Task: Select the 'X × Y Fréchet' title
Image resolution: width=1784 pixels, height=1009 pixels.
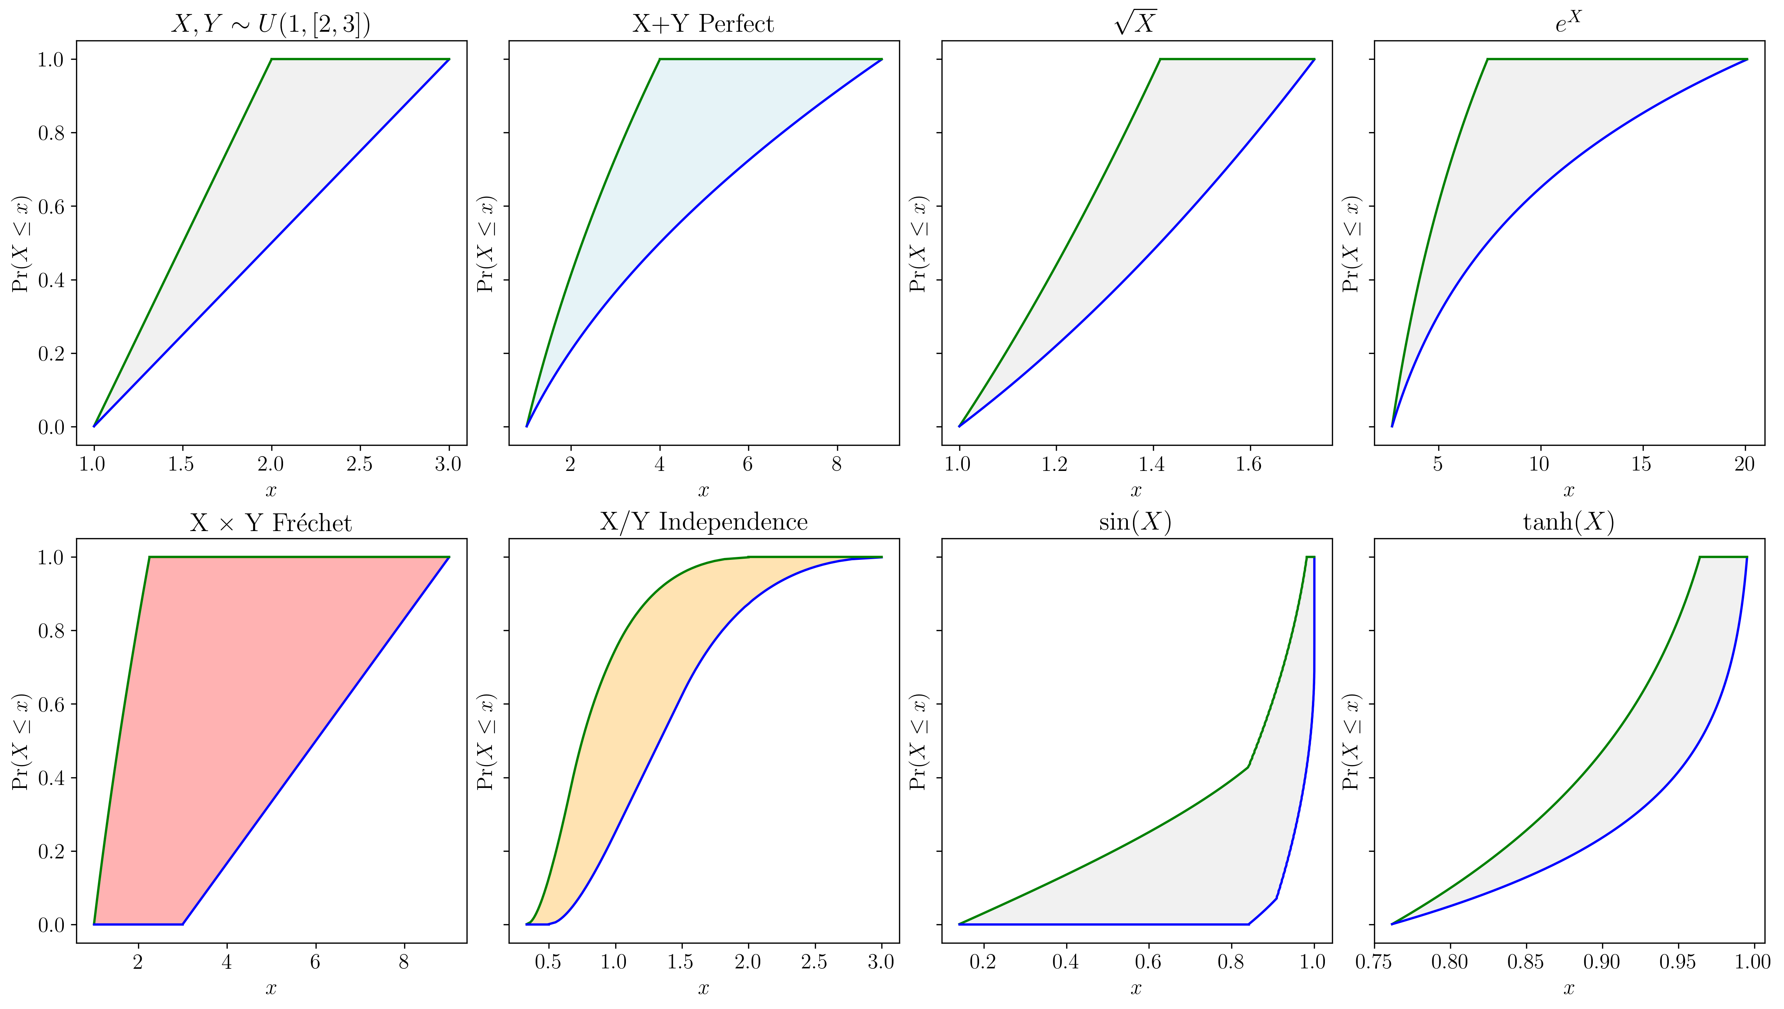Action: [271, 523]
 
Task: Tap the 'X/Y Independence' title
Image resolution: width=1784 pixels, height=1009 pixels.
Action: [703, 521]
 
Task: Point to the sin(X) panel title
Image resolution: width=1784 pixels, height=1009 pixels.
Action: [1135, 521]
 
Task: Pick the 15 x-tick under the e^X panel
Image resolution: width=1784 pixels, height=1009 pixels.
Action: [1640, 464]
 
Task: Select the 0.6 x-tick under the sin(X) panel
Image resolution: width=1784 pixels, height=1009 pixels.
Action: [1148, 962]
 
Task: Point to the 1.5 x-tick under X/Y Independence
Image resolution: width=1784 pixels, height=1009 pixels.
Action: [680, 962]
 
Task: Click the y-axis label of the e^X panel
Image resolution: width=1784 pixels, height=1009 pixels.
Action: [1351, 244]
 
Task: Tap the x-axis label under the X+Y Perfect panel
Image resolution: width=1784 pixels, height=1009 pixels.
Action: [703, 490]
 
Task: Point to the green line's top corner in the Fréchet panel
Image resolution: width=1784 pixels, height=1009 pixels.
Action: [149, 557]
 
